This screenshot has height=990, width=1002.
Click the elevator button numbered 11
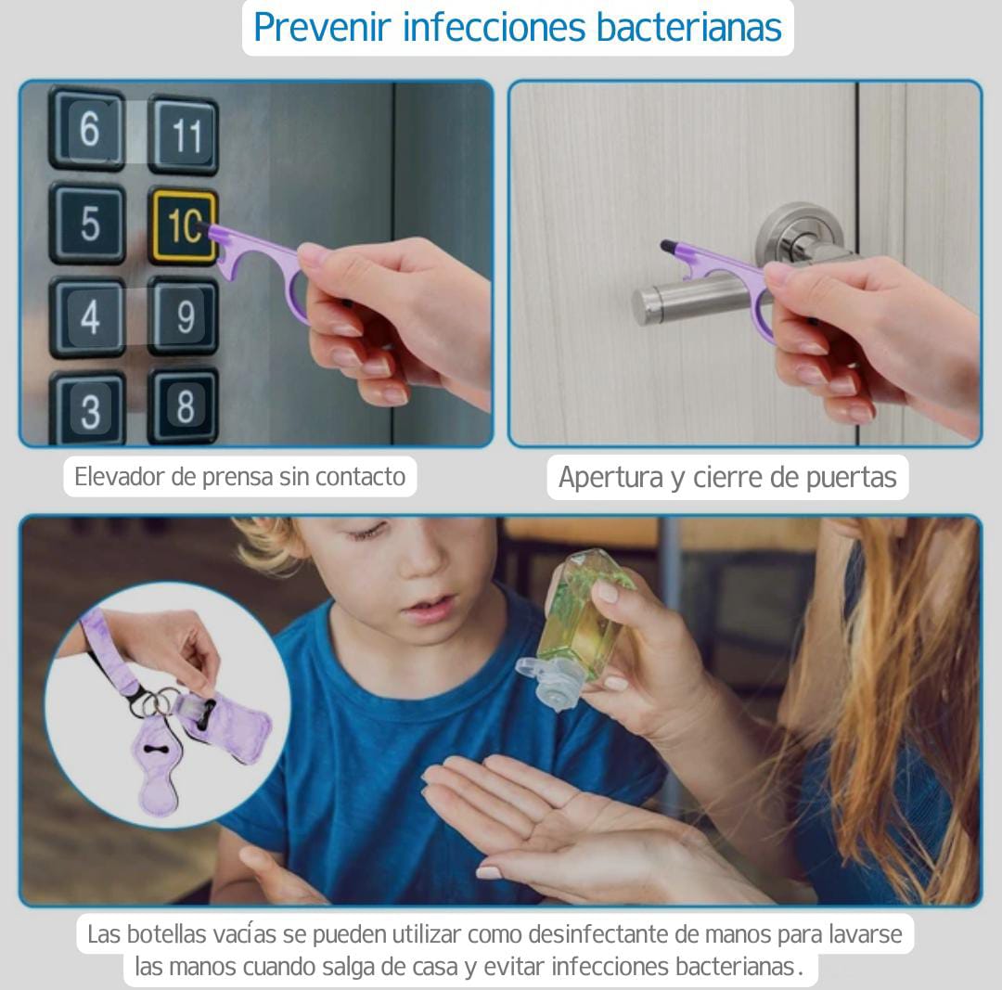click(184, 135)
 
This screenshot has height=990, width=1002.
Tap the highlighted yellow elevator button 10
click(183, 226)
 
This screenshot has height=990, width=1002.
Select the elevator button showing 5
click(87, 223)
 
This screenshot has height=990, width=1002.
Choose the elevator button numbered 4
click(87, 317)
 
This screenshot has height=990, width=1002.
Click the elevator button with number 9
click(184, 315)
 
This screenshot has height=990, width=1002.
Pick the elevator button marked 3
click(87, 409)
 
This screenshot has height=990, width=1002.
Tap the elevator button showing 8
click(184, 405)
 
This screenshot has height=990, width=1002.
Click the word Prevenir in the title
click(322, 28)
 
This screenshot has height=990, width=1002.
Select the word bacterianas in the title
click(688, 28)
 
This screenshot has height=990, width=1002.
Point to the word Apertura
click(610, 478)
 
